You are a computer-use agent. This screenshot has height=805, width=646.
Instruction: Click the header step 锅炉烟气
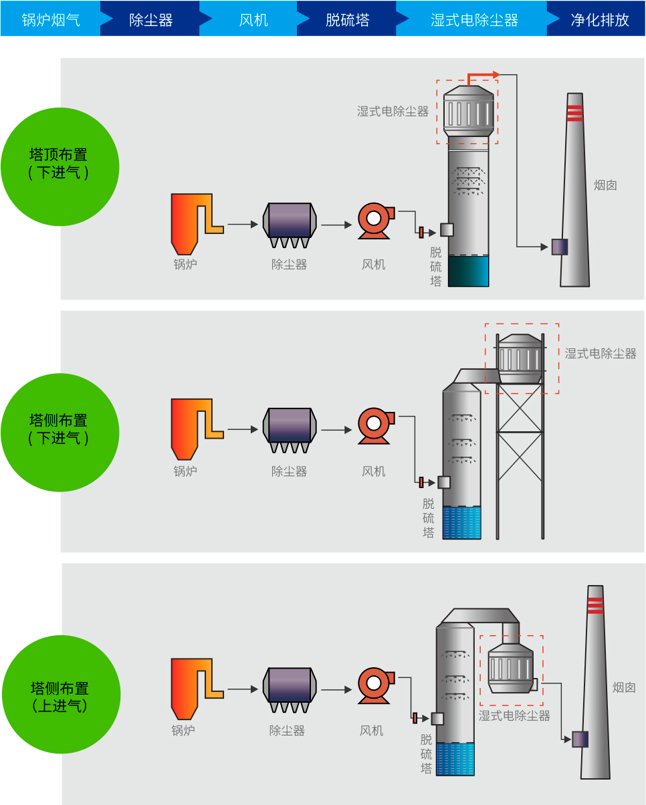coord(51,19)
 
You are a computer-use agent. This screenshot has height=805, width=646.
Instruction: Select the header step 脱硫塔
coord(347,19)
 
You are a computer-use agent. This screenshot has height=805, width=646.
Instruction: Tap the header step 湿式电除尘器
coord(474,19)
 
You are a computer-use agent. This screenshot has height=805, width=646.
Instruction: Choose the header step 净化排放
coord(600,19)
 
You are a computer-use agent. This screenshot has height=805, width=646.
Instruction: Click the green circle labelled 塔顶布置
coord(60,166)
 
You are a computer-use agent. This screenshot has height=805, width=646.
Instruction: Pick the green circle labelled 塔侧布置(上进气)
coord(61,695)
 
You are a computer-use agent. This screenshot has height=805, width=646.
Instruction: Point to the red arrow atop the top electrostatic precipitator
coord(483,75)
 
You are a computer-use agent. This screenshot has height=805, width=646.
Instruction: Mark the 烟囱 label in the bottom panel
coord(624,687)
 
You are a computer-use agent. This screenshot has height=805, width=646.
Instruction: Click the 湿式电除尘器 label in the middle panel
coord(600,354)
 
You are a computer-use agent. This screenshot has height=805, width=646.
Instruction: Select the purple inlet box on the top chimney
coord(559,247)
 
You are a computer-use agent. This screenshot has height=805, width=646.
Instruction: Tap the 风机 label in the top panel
coord(373,265)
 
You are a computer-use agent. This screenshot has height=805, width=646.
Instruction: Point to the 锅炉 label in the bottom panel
coord(183,731)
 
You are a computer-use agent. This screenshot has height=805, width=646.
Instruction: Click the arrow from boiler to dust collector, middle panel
coord(242,429)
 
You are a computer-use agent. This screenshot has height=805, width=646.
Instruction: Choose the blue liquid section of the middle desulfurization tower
coord(461,522)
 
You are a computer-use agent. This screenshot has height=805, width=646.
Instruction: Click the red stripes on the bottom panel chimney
coord(595,606)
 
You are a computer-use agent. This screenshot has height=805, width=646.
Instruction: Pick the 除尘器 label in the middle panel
coord(289,471)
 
